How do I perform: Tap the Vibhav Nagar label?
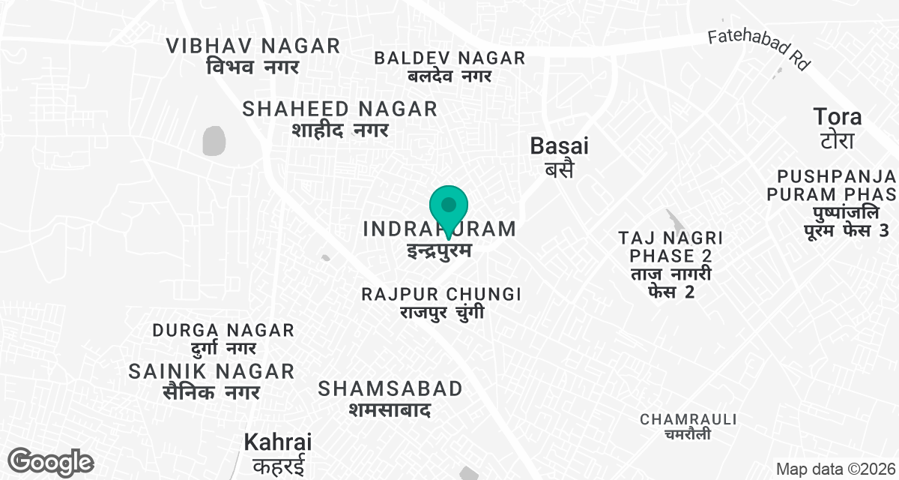click(253, 55)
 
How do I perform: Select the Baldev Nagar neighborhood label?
click(449, 66)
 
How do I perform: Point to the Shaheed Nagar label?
click(340, 118)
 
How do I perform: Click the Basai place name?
click(559, 156)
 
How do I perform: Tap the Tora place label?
click(838, 127)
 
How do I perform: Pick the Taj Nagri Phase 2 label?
click(671, 265)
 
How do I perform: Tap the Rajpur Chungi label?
click(441, 301)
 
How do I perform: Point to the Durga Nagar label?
click(223, 338)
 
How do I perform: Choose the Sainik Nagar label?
click(212, 380)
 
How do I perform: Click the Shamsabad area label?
click(390, 398)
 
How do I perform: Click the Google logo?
click(51, 462)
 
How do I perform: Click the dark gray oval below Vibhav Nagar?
click(214, 140)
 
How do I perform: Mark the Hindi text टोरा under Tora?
click(838, 140)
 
